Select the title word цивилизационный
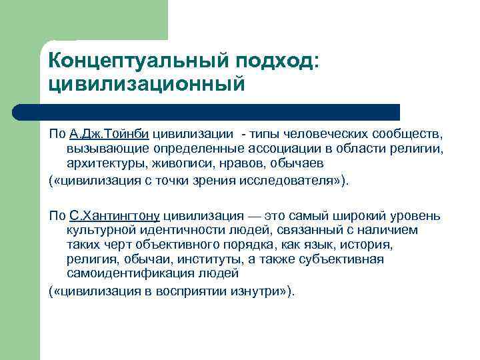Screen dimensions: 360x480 147,85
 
